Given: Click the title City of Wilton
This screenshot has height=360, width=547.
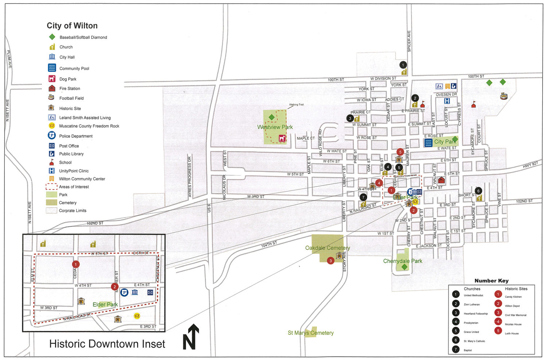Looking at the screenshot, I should pyautogui.click(x=72, y=26).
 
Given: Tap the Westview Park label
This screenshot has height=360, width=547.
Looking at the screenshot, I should pyautogui.click(x=275, y=127).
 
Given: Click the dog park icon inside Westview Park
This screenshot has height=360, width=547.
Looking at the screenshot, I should pyautogui.click(x=282, y=138).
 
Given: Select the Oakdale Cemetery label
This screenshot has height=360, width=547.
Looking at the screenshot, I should pyautogui.click(x=327, y=248).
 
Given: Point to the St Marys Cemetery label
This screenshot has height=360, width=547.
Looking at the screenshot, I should pyautogui.click(x=311, y=333).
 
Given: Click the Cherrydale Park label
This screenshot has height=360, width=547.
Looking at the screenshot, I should pyautogui.click(x=403, y=261).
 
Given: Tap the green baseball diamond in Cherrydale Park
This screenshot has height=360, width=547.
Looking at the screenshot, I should pyautogui.click(x=404, y=267).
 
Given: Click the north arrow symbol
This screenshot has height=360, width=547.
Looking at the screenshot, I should pyautogui.click(x=191, y=337).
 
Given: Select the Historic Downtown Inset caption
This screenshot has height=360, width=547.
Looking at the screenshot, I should pyautogui.click(x=107, y=344).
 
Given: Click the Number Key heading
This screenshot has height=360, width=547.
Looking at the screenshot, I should pyautogui.click(x=491, y=281).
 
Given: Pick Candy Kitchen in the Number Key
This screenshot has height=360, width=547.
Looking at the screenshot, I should pyautogui.click(x=513, y=297).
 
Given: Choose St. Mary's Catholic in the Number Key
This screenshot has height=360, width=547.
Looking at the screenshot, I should pyautogui.click(x=474, y=341).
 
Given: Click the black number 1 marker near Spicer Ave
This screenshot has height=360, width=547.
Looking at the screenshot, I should pyautogui.click(x=403, y=65).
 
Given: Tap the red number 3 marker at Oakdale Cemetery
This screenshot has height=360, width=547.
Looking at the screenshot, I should pyautogui.click(x=330, y=261).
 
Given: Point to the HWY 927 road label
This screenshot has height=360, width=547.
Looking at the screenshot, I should pyautogui.click(x=530, y=165).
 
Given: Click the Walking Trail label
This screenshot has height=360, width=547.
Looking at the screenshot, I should pyautogui.click(x=296, y=105).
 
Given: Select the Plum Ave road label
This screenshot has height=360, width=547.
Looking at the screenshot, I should pyautogui.click(x=9, y=59).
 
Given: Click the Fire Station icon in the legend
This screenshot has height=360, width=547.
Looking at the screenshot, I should pyautogui.click(x=52, y=88).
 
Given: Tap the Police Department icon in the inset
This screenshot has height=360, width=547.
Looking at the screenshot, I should pyautogui.click(x=124, y=292).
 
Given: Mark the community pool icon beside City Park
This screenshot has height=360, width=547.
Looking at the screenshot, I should pyautogui.click(x=428, y=142).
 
